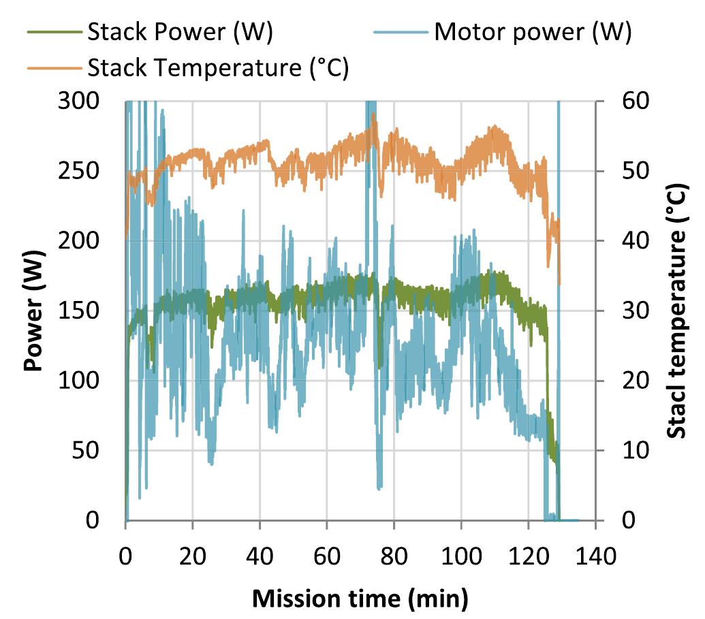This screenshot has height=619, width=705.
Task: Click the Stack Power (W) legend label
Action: click(x=180, y=33)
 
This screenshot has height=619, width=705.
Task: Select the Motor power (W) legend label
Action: click(x=533, y=33)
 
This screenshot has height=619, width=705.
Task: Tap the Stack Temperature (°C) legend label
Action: click(x=217, y=68)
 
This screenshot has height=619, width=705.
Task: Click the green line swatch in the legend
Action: click(x=55, y=33)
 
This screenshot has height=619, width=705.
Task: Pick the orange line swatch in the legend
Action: click(x=55, y=68)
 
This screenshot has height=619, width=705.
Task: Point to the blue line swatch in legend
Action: click(x=403, y=33)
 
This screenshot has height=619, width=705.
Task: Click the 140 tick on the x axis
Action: click(x=595, y=554)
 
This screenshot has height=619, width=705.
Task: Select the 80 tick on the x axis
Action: click(x=394, y=554)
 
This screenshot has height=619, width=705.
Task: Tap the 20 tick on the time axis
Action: click(x=193, y=554)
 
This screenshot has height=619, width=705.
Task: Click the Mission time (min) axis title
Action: click(x=360, y=599)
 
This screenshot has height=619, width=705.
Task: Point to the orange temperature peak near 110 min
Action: click(x=493, y=127)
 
